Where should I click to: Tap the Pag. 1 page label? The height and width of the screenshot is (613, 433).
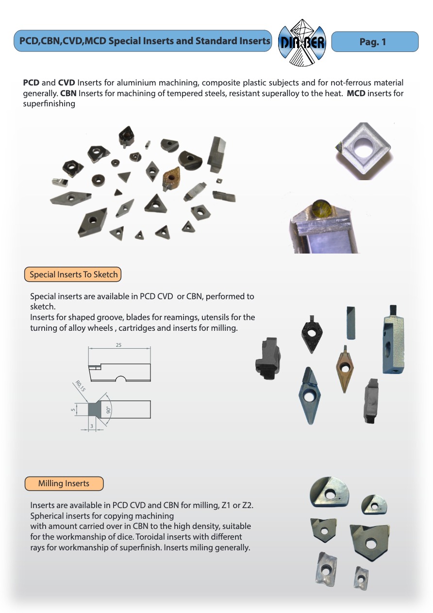(x=373, y=42)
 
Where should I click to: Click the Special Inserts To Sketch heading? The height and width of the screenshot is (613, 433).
(x=73, y=274)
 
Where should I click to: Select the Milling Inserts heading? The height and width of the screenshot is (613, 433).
(x=64, y=483)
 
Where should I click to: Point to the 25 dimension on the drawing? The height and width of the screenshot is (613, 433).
(x=118, y=345)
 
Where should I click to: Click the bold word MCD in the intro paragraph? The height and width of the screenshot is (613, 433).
(x=356, y=93)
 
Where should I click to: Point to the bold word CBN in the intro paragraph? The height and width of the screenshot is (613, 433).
(x=68, y=93)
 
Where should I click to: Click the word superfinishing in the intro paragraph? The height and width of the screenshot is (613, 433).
(x=49, y=103)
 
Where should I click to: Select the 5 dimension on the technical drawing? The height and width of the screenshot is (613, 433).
(x=73, y=409)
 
